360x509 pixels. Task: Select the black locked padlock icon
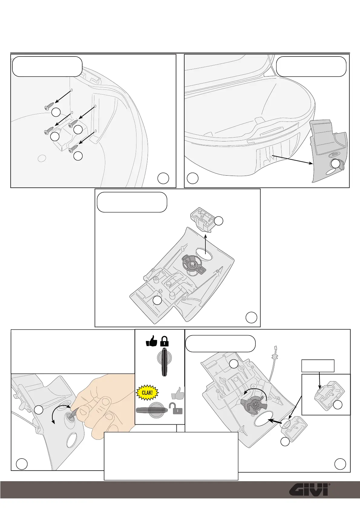coord(164,341)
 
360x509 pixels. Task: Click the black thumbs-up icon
coord(152,341)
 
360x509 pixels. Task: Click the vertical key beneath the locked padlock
coord(165,362)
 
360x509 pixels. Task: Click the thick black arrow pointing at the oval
coord(276,420)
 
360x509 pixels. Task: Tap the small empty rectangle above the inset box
coord(318,365)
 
